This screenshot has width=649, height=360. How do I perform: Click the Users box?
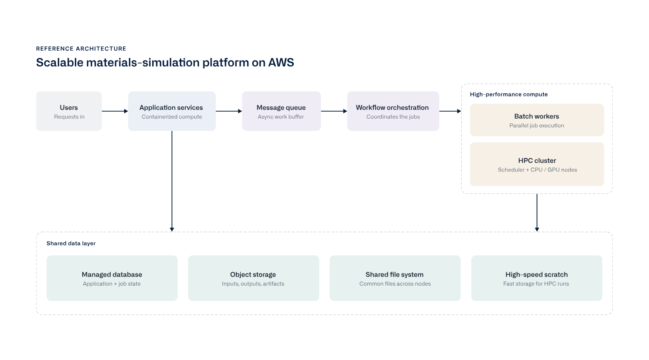click(x=69, y=111)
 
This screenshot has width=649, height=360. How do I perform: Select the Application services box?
click(x=172, y=111)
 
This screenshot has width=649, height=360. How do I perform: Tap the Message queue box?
click(x=281, y=111)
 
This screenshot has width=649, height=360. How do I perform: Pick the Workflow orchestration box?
click(x=393, y=111)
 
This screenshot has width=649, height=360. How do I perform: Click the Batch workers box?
click(x=537, y=120)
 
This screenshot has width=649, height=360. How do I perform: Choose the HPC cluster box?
click(x=537, y=164)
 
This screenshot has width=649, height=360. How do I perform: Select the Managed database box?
click(x=112, y=278)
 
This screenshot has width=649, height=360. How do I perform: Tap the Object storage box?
click(x=254, y=278)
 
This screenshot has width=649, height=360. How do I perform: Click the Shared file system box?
click(x=395, y=278)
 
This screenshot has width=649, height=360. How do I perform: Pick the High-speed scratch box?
click(x=537, y=278)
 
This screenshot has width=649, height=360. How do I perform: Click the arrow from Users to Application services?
click(x=115, y=111)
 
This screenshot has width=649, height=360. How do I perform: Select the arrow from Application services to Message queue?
click(x=229, y=111)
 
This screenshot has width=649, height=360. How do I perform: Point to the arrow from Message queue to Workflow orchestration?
click(x=334, y=111)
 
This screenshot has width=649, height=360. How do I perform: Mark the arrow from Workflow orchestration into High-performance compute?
click(x=450, y=111)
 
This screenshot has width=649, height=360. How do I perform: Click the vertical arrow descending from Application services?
click(x=172, y=181)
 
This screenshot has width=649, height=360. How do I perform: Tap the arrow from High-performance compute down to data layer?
click(x=537, y=213)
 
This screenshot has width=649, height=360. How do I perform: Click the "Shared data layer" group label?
click(x=71, y=243)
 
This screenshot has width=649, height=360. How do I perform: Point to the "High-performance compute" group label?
click(x=509, y=94)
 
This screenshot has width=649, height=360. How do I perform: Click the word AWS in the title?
click(x=281, y=62)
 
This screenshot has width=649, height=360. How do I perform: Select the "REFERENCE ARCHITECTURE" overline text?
click(x=81, y=48)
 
